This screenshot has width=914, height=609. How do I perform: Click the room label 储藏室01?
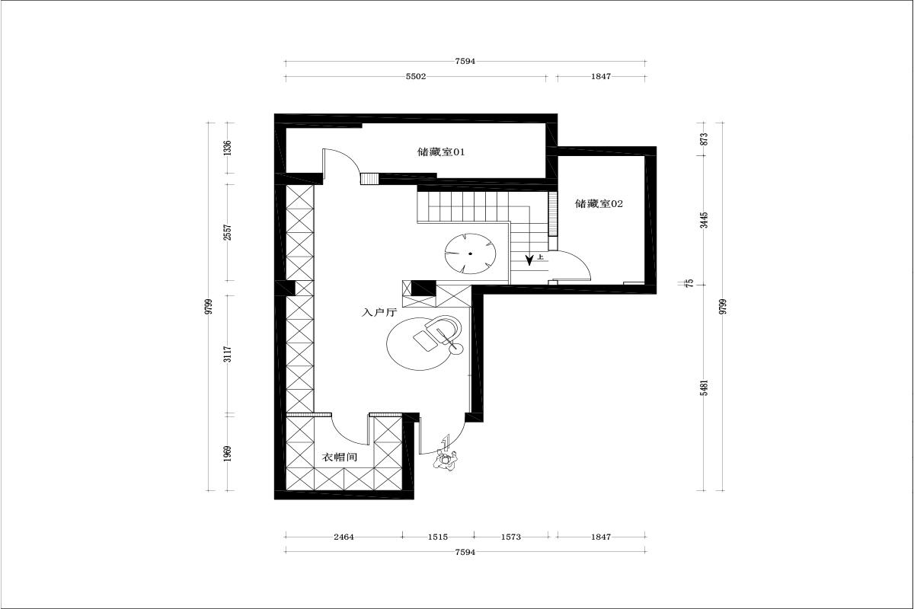441,152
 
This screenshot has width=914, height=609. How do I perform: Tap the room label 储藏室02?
599,203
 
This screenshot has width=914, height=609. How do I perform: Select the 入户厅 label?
379,312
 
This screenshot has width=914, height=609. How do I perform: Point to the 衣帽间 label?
340,457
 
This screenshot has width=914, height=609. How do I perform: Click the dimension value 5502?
416,76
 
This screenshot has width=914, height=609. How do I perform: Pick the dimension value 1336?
228,148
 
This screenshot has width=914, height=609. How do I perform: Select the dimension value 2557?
228,232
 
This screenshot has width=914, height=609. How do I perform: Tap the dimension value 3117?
228,354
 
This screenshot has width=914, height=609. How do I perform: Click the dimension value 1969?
228,454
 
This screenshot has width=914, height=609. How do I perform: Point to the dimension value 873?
704,139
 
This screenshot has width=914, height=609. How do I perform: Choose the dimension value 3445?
704,220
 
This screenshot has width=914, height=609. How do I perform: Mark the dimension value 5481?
704,387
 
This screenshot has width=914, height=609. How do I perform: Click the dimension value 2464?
344,537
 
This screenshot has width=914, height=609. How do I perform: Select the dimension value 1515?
438,537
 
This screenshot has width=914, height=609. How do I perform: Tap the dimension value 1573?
511,537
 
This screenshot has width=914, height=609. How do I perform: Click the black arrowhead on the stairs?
529,260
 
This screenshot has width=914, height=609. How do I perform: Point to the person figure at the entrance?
446,459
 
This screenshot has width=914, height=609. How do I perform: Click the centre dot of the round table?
470,253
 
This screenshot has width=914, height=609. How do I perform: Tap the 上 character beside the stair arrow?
541,257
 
